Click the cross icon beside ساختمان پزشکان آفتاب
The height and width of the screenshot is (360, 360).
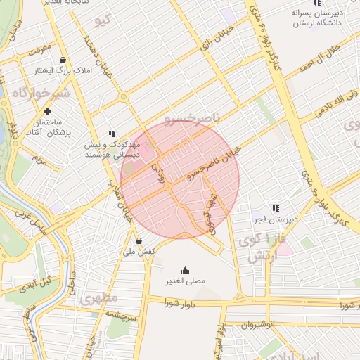47,111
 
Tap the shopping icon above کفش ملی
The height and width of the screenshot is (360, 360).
139,240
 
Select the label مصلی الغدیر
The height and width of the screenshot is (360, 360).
185,281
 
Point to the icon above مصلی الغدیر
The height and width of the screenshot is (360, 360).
185,270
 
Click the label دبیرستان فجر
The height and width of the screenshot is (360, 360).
277,219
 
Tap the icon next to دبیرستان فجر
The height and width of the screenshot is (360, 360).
276,208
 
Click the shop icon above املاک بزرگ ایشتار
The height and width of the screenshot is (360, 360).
64,60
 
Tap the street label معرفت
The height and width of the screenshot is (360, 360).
41,50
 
